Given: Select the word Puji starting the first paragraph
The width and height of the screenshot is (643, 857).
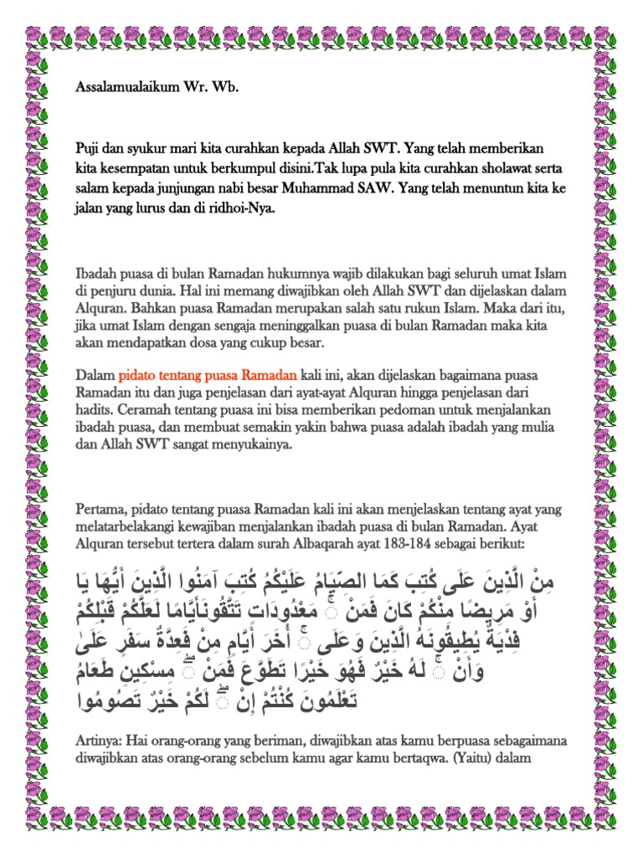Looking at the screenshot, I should coord(88,146).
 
